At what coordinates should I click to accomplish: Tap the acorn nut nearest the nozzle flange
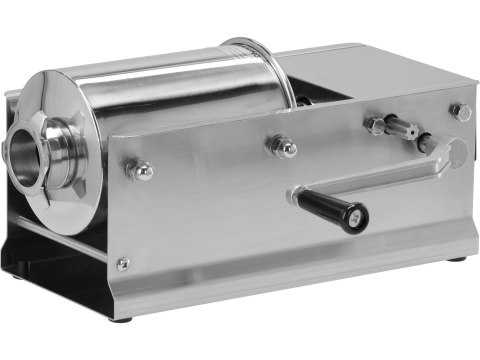click(141, 170)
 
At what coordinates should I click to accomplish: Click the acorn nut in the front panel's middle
click(283, 148)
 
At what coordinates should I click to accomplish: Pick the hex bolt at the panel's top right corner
click(460, 112)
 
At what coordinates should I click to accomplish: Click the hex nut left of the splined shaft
click(374, 125)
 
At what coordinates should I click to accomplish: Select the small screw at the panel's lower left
click(122, 263)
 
